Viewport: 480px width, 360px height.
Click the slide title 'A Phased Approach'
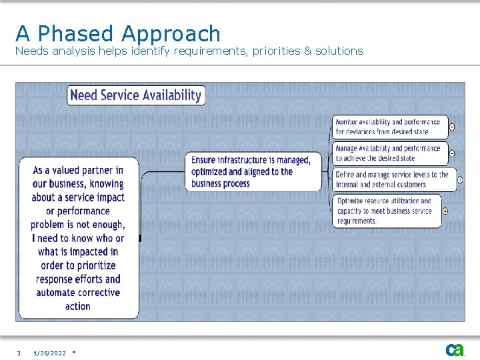coord(118,33)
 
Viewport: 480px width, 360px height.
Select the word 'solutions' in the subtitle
coord(339,51)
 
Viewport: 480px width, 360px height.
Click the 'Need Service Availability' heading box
coord(136,95)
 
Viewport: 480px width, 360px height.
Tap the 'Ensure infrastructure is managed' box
coord(252,171)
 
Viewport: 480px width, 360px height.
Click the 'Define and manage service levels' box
coord(392,179)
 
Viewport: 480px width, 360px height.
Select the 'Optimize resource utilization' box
coord(387,211)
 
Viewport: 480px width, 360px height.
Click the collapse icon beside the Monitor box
coord(452,127)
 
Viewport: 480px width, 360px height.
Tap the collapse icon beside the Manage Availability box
coord(452,153)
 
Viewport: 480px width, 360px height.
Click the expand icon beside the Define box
coord(460,180)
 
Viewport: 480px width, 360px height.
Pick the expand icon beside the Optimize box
coord(445,211)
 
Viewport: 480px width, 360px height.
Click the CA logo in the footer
coord(455,350)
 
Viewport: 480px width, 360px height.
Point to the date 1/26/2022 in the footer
coord(50,353)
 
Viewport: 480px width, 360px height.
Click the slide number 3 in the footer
coord(19,353)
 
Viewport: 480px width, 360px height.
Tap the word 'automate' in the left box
coord(60,293)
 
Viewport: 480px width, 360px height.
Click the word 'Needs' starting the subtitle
coord(31,51)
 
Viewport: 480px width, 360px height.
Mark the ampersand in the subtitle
coord(308,51)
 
